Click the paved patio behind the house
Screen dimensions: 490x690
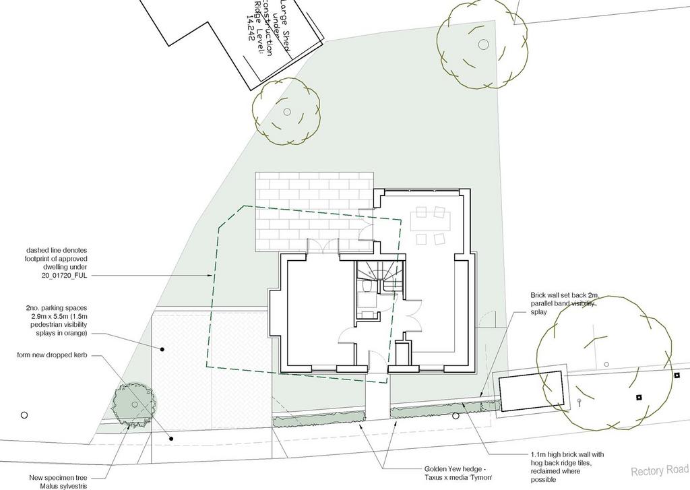click(x=313, y=209)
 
